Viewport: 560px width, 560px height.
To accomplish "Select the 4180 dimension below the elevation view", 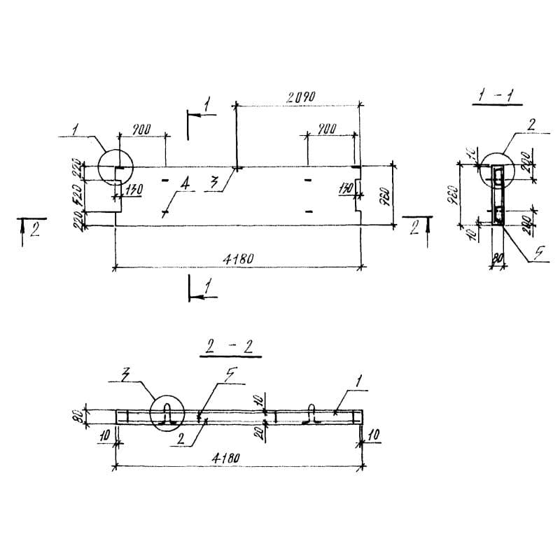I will click(238, 259).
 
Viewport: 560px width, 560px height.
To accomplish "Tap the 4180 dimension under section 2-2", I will click(225, 458).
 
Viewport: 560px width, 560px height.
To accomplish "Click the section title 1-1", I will click(496, 96).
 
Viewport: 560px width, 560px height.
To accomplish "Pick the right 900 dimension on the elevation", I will click(325, 129).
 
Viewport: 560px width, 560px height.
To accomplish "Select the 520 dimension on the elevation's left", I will click(83, 195).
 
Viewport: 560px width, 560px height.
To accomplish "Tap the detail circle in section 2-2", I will click(168, 415).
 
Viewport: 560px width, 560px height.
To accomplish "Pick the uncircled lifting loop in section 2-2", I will click(313, 416).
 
